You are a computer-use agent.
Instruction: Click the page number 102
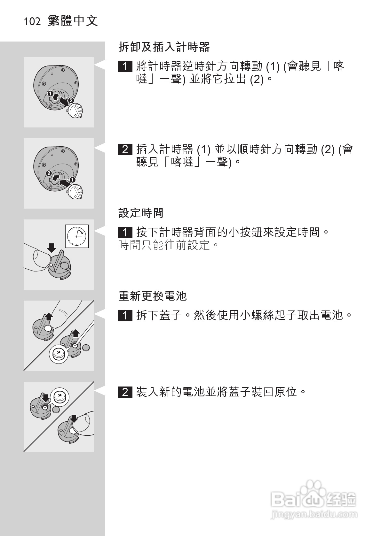[32, 22]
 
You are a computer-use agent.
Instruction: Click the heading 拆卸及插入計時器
[164, 47]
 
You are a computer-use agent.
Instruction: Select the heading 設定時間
[141, 213]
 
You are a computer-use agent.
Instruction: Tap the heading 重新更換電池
[153, 296]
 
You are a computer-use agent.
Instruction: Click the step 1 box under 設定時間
[125, 232]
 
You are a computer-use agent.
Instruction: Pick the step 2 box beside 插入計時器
[125, 149]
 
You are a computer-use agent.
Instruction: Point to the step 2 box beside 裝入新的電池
[125, 392]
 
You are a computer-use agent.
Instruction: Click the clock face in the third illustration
[77, 236]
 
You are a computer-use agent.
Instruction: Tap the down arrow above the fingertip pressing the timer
[51, 247]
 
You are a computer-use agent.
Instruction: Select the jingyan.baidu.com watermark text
[314, 515]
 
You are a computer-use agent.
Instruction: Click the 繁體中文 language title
[73, 21]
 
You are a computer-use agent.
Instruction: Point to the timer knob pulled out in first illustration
[75, 112]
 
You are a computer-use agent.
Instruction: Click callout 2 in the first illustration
[71, 100]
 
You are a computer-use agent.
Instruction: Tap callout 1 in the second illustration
[73, 180]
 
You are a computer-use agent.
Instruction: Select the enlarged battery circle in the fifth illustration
[59, 396]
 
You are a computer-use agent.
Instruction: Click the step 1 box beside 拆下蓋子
[125, 316]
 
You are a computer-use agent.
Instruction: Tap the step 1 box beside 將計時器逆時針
[125, 67]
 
